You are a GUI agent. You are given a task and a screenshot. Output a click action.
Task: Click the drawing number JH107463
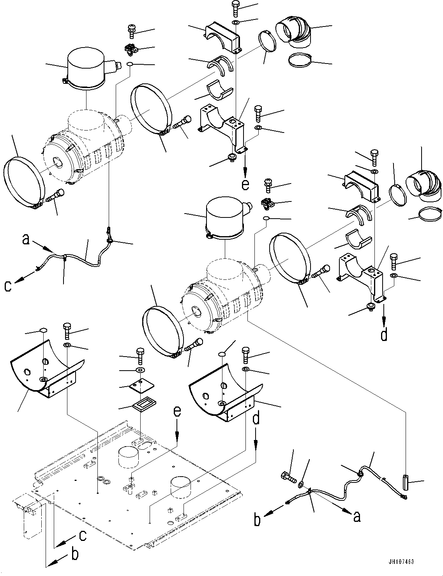pyautogui.click(x=400, y=562)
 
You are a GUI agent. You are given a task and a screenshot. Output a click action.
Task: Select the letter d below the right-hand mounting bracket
pyautogui.click(x=384, y=334)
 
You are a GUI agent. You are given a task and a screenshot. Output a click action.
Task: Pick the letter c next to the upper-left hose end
pyautogui.click(x=7, y=286)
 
